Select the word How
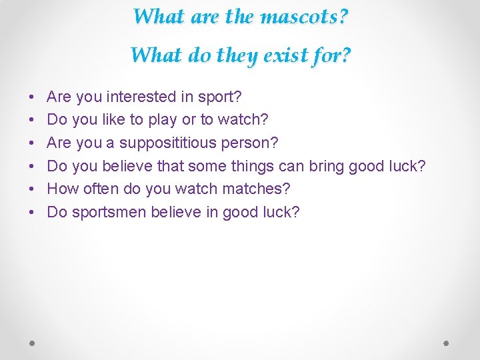(x=63, y=189)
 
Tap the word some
(x=235, y=166)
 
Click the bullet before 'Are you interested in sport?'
(x=33, y=97)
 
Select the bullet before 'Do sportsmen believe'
(x=33, y=213)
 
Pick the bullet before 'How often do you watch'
(x=33, y=189)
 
